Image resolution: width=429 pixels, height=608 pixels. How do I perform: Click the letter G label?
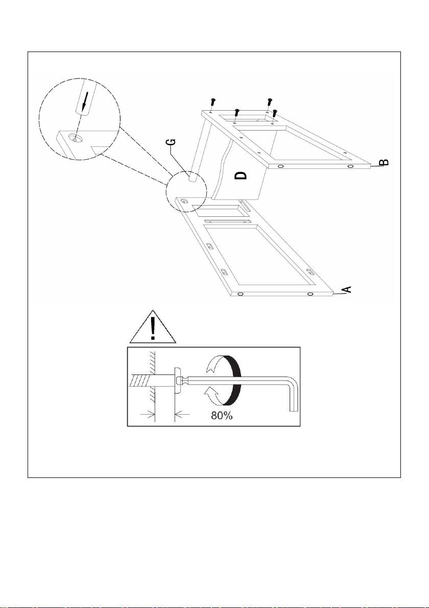pyautogui.click(x=173, y=142)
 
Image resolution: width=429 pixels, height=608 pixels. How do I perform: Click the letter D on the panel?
pyautogui.click(x=241, y=175)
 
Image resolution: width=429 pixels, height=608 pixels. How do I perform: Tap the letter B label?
pyautogui.click(x=383, y=162)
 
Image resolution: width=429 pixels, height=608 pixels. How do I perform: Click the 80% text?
pyautogui.click(x=222, y=416)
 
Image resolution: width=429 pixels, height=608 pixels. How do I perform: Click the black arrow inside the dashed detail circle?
pyautogui.click(x=85, y=99)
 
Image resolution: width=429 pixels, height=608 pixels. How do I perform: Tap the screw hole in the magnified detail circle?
pyautogui.click(x=74, y=138)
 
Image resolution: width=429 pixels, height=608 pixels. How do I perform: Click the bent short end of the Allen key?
pyautogui.click(x=294, y=395)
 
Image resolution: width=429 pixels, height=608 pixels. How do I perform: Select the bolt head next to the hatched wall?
pyautogui.click(x=177, y=381)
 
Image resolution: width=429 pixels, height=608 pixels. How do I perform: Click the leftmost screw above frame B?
pyautogui.click(x=212, y=103)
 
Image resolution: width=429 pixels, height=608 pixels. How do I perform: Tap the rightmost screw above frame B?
pyautogui.click(x=275, y=114)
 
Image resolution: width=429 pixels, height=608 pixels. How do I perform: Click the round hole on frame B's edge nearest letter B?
pyautogui.click(x=350, y=166)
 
